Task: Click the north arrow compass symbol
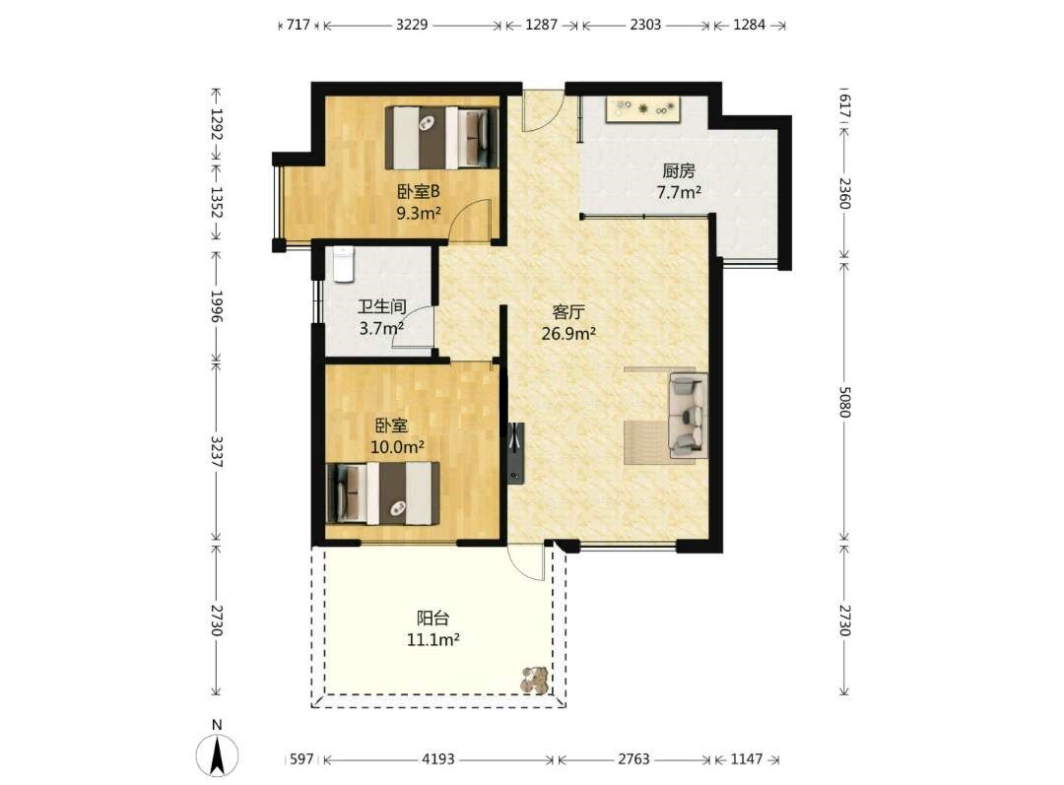coord(217,753)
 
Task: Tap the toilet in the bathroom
coord(344,264)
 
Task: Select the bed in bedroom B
coord(442,138)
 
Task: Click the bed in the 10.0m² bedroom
coord(382,493)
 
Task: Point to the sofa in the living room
coord(688,414)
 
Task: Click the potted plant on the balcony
coord(535,680)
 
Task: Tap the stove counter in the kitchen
coord(644,109)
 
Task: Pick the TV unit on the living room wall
coord(515,453)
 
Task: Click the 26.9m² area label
coord(568,333)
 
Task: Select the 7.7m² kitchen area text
coord(679,193)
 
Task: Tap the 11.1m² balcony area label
coord(432,639)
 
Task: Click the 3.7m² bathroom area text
coord(381,329)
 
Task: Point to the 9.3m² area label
coord(419,214)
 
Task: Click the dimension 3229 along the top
coord(412,25)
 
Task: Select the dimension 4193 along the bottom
coord(438,759)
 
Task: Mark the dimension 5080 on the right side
coord(845,402)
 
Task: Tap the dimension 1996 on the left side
coord(217,306)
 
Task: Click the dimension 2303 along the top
coord(645,25)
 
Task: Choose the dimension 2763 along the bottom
coord(633,759)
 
